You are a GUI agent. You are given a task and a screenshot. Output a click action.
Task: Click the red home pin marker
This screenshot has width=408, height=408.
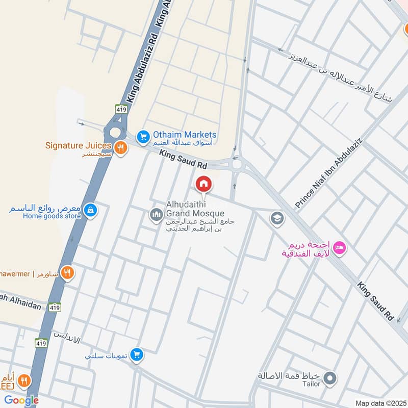tap(203, 184)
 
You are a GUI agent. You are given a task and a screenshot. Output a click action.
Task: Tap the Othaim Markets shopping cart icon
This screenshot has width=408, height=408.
tap(143, 137)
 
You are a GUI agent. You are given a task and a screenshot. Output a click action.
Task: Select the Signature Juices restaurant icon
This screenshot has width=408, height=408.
tap(121, 148)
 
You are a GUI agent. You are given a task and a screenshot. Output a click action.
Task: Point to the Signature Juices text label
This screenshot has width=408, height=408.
tap(78, 145)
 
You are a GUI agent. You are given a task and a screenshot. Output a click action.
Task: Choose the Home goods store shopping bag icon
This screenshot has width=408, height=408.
tap(90, 211)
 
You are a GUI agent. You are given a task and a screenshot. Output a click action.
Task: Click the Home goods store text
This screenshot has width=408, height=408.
tap(52, 216)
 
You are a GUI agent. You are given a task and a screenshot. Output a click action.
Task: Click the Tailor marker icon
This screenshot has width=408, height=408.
tap(330, 378)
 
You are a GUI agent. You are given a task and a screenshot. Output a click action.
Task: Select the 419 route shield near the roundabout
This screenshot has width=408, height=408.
tap(121, 109)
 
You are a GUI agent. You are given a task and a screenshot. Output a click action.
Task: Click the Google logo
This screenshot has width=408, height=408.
tap(21, 400)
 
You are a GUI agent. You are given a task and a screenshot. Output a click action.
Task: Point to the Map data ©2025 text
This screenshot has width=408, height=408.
tap(379, 403)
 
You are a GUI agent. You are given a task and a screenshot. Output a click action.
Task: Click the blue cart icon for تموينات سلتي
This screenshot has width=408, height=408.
tap(136, 354)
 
